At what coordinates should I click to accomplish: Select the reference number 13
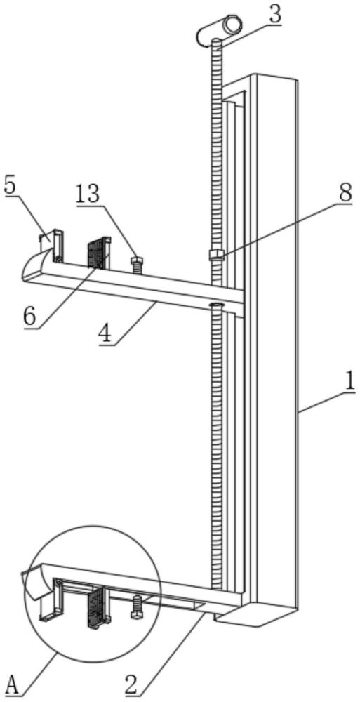[x=87, y=196]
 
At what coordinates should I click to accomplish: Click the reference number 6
[x=30, y=317]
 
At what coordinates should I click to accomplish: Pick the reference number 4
[x=106, y=334]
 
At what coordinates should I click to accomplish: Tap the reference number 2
[x=132, y=685]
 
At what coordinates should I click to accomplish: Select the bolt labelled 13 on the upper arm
[x=136, y=265]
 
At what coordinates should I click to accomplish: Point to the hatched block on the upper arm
[x=98, y=253]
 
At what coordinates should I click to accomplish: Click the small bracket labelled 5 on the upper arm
[x=53, y=245]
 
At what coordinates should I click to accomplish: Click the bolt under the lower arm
[x=137, y=607]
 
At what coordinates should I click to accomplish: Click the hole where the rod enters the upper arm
[x=216, y=305]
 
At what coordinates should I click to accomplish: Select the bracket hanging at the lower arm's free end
[x=51, y=600]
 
